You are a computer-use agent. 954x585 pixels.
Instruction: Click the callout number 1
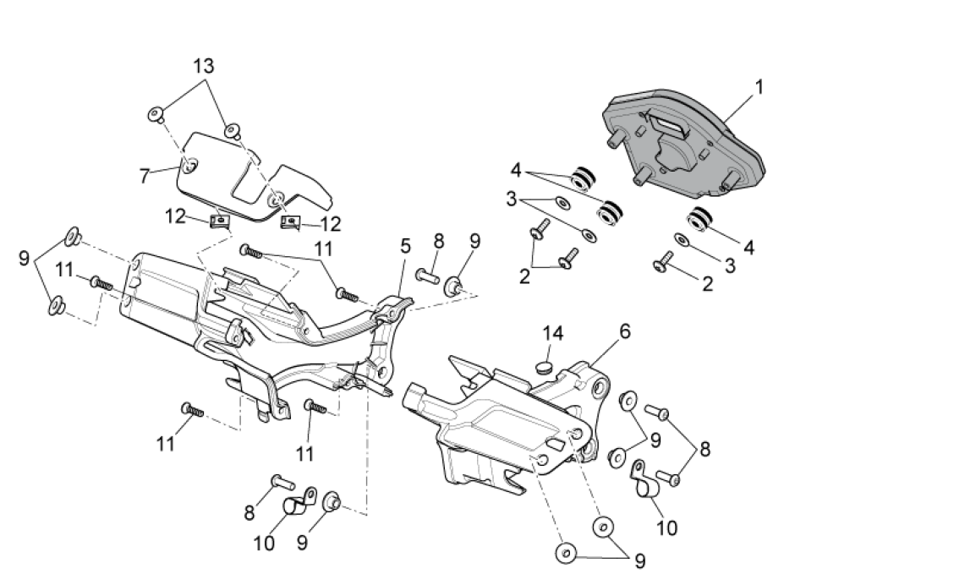tap(759, 86)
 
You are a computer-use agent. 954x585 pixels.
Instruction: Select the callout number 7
tap(145, 176)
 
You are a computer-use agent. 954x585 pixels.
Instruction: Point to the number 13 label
tap(204, 65)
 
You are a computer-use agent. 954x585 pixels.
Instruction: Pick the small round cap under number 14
tap(544, 366)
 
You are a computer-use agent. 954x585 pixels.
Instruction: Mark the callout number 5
tap(406, 247)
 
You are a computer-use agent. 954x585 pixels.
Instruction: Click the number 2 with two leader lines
tap(524, 276)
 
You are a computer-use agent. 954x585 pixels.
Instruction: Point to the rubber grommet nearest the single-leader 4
tap(699, 220)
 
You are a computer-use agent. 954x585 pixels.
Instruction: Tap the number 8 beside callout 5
tap(438, 241)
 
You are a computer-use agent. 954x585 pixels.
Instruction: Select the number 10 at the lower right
tap(667, 528)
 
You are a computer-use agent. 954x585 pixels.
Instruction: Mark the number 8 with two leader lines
tap(705, 449)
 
